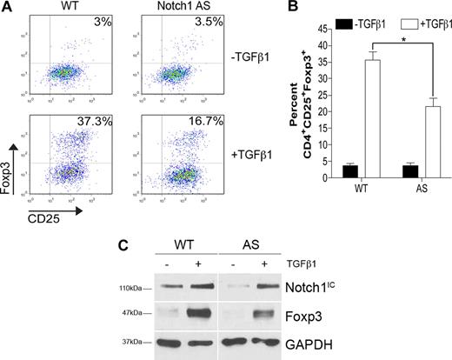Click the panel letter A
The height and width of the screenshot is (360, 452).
[8, 8]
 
